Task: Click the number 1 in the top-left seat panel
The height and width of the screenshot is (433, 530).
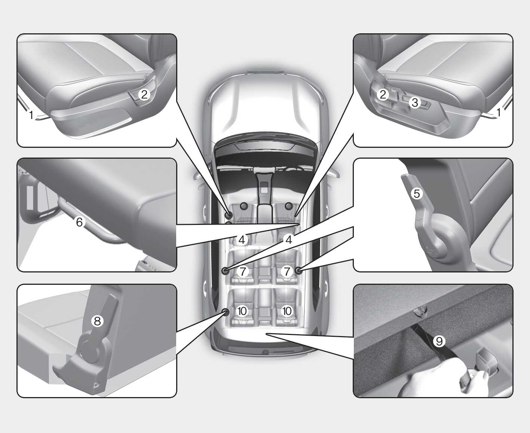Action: pyautogui.click(x=31, y=115)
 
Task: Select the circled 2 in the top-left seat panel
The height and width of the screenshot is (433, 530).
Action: pyautogui.click(x=144, y=95)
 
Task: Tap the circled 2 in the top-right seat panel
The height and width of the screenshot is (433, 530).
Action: pyautogui.click(x=383, y=95)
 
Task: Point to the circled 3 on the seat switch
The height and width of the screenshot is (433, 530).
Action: pyautogui.click(x=415, y=102)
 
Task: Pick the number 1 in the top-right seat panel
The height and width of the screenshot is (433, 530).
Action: pyautogui.click(x=499, y=112)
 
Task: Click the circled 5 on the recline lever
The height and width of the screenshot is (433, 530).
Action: pyautogui.click(x=417, y=193)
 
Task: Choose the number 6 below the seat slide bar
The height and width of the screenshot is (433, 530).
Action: pyautogui.click(x=79, y=222)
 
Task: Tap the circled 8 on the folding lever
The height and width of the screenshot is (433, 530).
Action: pyautogui.click(x=97, y=321)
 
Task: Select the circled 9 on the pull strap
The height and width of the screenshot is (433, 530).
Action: pyautogui.click(x=439, y=341)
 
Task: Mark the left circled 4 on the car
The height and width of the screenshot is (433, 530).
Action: pyautogui.click(x=242, y=240)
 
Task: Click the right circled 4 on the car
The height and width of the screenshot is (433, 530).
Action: pyautogui.click(x=289, y=240)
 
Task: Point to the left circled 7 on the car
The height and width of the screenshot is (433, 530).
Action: pyautogui.click(x=243, y=272)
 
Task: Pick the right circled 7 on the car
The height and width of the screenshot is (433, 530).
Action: pyautogui.click(x=287, y=272)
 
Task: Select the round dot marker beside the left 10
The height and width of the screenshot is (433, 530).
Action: pyautogui.click(x=225, y=312)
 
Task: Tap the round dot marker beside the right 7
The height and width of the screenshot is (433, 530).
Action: pyautogui.click(x=298, y=271)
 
